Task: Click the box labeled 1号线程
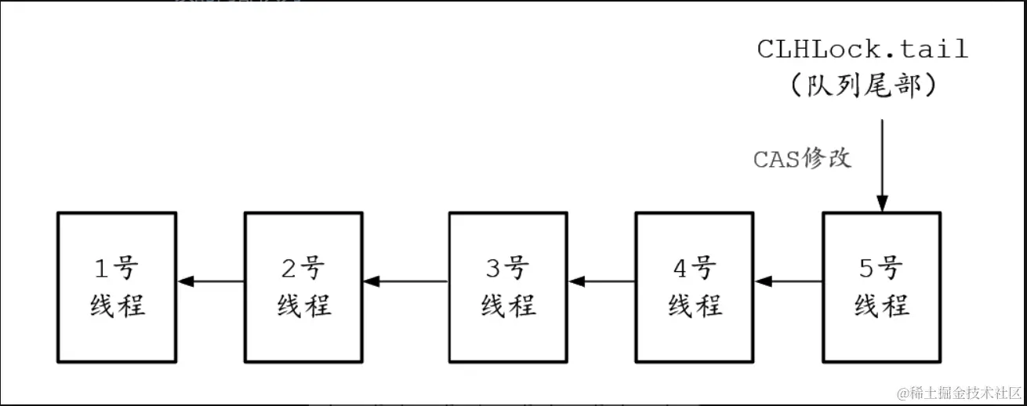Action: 118,287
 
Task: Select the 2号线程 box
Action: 303,287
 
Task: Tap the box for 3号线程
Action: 508,287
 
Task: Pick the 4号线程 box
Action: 695,287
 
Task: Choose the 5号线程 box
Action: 882,287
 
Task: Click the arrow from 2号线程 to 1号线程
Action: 211,281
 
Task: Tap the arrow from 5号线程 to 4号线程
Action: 788,281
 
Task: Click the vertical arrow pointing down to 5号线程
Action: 882,165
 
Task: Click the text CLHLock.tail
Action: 862,49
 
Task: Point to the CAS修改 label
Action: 802,159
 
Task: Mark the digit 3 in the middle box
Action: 492,269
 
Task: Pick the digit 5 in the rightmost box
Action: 866,269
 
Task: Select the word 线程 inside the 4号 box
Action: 695,305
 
